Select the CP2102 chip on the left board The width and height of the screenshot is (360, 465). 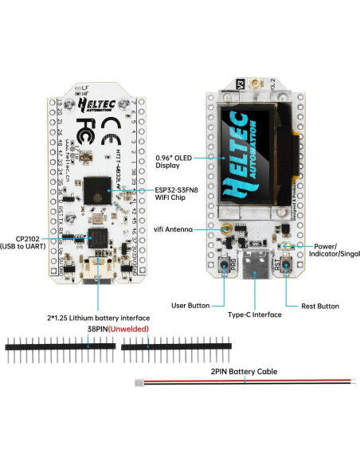(99, 236)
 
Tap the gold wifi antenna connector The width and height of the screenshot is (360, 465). (226, 229)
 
